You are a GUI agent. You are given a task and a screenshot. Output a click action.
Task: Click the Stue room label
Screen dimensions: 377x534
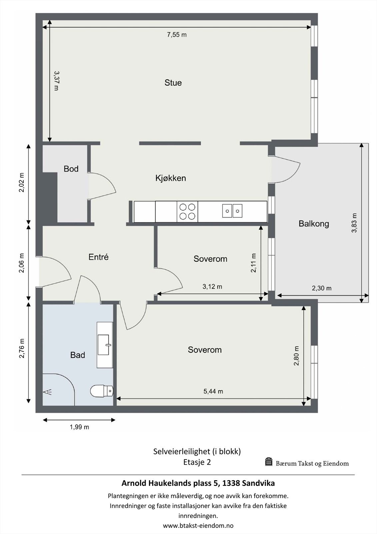pyautogui.click(x=173, y=83)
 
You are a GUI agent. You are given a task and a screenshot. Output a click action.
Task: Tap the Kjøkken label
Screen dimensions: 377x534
pyautogui.click(x=171, y=178)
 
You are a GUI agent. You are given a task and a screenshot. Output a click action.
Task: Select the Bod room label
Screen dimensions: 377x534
pyautogui.click(x=71, y=169)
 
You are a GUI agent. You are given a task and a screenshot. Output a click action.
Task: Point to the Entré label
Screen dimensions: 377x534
pyautogui.click(x=98, y=257)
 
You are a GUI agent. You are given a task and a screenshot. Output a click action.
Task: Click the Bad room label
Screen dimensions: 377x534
pyautogui.click(x=78, y=355)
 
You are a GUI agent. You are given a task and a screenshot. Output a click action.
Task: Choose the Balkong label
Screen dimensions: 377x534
pyautogui.click(x=314, y=224)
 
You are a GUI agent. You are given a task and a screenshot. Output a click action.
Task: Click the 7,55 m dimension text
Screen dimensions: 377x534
pyautogui.click(x=177, y=35)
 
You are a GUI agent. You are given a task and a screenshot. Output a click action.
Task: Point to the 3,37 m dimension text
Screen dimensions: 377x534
pyautogui.click(x=56, y=81)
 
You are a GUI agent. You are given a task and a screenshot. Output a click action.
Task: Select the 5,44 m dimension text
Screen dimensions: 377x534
pyautogui.click(x=213, y=391)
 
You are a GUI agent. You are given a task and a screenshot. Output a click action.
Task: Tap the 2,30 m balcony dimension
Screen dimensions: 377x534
pyautogui.click(x=322, y=288)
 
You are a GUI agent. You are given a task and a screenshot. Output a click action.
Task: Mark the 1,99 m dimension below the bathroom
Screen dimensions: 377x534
pyautogui.click(x=79, y=427)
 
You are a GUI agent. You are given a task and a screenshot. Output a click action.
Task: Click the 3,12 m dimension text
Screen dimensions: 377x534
pyautogui.click(x=212, y=287)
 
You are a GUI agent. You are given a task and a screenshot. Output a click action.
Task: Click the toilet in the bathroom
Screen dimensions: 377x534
pyautogui.click(x=102, y=391)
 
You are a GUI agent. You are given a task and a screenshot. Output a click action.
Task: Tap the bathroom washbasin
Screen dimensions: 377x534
pyautogui.click(x=105, y=345)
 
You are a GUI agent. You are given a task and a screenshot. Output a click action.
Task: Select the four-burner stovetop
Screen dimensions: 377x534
pyautogui.click(x=187, y=212)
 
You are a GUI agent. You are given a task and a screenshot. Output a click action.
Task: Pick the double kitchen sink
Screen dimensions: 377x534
pyautogui.click(x=232, y=211)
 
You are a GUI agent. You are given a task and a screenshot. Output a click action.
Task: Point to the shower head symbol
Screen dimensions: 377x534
pyautogui.click(x=47, y=392)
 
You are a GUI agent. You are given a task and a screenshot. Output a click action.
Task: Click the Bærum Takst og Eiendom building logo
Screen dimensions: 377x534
pyautogui.click(x=269, y=462)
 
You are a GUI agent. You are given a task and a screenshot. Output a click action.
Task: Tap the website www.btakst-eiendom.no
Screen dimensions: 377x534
pyautogui.click(x=198, y=525)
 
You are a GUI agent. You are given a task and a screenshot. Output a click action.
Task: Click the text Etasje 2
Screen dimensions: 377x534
pyautogui.click(x=197, y=462)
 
